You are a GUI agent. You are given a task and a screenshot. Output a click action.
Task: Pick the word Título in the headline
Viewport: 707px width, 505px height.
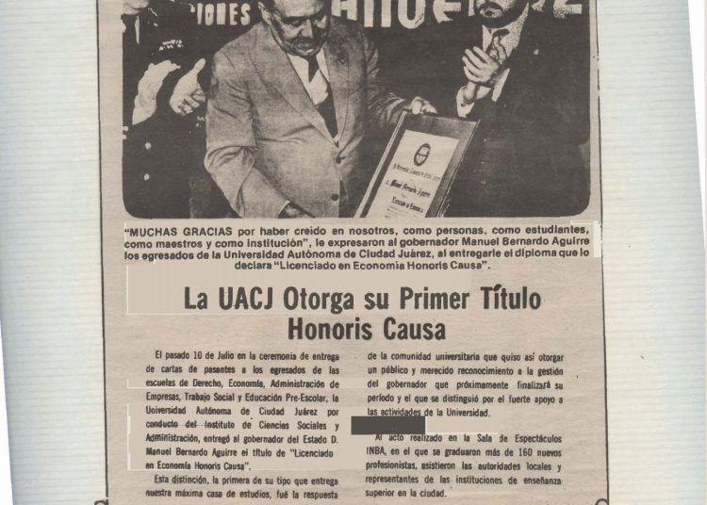(510, 301)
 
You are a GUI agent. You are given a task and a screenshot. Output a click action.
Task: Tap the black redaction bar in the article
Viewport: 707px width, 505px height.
(387, 426)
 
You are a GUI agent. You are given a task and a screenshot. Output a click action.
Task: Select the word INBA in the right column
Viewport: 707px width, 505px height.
(382, 453)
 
